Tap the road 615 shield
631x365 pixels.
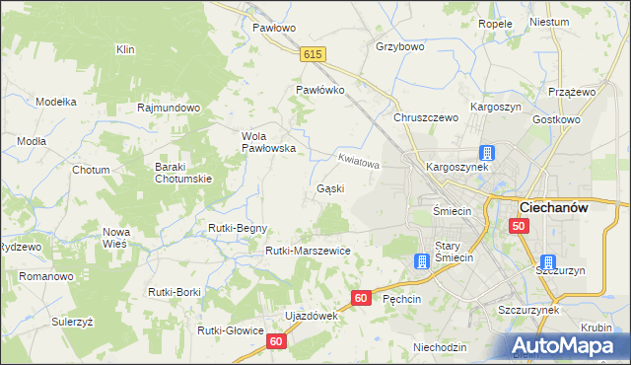click(x=315, y=56)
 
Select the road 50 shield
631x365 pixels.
click(x=520, y=226)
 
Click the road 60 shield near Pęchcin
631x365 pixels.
click(x=362, y=297)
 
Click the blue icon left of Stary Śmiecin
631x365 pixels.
click(x=421, y=261)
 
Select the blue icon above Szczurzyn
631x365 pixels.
click(x=548, y=261)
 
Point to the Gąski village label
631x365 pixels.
click(x=330, y=187)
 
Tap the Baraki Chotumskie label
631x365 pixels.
click(x=183, y=173)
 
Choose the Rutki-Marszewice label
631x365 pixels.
click(x=308, y=251)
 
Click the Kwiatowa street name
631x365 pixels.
click(x=358, y=160)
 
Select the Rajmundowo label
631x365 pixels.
click(x=170, y=107)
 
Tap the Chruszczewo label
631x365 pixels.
click(x=427, y=117)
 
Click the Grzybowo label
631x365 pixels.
click(x=399, y=46)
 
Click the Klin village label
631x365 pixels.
click(x=124, y=48)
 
